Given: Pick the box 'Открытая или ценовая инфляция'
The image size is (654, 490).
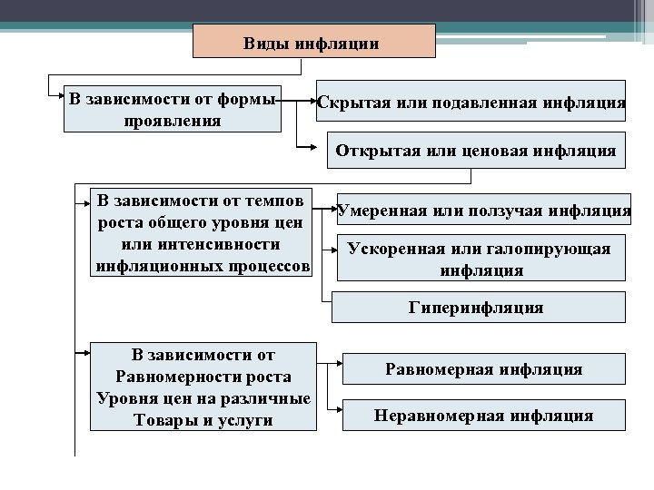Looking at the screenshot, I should pos(475,150).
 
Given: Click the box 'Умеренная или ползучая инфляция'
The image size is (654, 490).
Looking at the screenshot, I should pos(483,211).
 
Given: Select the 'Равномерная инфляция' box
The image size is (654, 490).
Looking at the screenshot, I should pos(483,369).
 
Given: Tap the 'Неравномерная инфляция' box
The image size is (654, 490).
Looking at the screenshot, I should pos(483,416).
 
